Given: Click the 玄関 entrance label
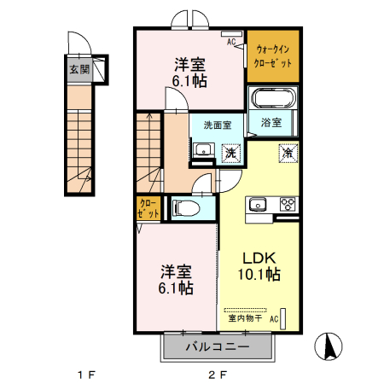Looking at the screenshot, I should point(79,71).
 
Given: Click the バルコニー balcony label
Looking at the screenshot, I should point(218,348).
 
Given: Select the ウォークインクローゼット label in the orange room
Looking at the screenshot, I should point(274,56).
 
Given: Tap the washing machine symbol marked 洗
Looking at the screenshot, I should point(230,153).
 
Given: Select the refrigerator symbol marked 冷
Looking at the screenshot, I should point(288,154).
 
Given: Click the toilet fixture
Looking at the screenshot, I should point(185,207).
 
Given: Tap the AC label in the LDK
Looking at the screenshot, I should point(274,319).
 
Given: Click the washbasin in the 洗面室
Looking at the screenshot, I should point(202,151).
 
